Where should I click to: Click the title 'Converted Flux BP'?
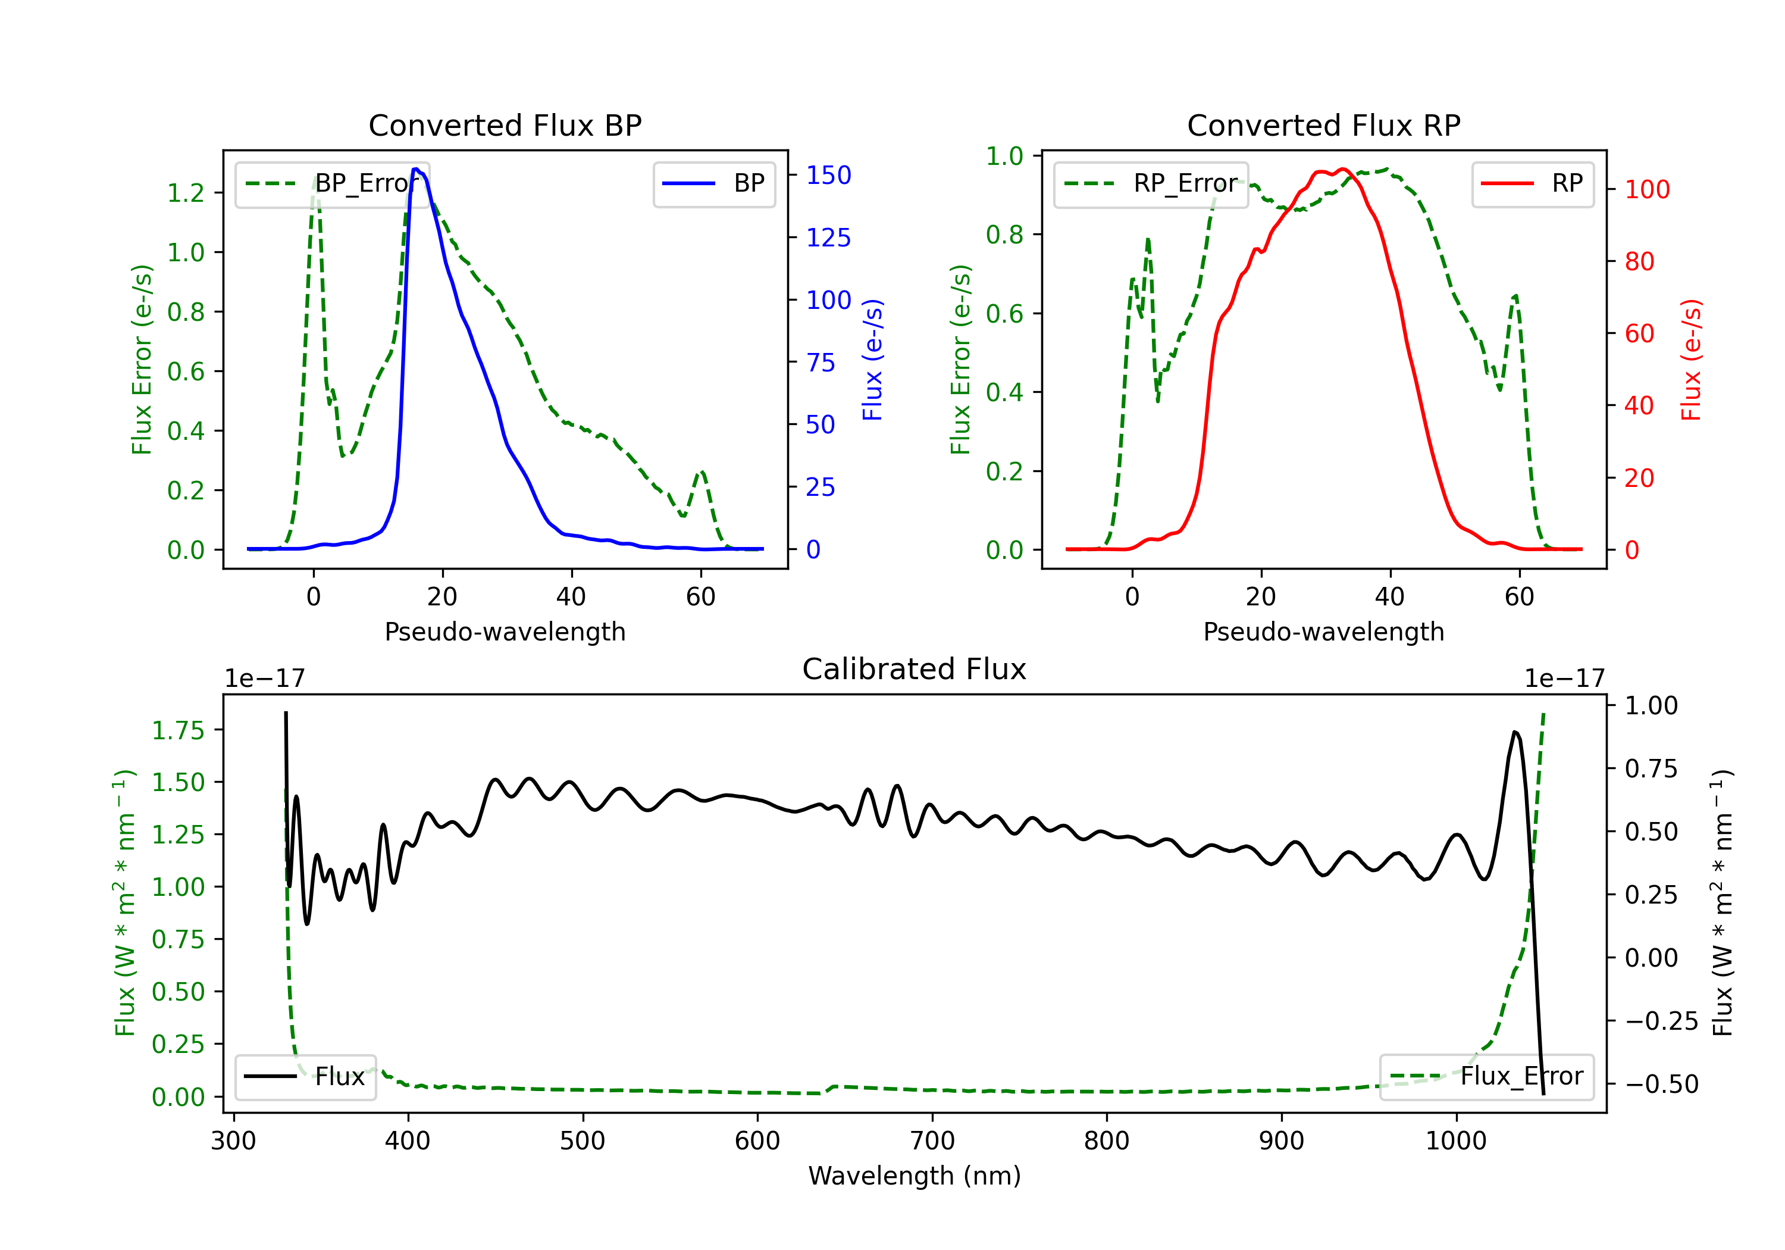pos(505,125)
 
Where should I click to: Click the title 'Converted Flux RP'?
pos(1323,125)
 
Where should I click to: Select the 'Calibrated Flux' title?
pos(915,669)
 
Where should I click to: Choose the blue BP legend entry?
pos(713,183)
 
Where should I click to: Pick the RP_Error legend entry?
pos(1151,183)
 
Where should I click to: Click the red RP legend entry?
pos(1532,183)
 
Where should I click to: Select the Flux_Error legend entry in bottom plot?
pos(1486,1077)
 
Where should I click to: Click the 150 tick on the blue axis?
pos(829,175)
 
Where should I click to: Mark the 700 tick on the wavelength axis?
pos(932,1141)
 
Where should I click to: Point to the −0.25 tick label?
pos(1661,1020)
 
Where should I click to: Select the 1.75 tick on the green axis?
pos(178,730)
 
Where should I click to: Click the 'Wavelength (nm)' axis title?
pos(915,1176)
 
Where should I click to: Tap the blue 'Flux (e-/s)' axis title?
pos(873,360)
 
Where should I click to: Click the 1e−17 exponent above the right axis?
pos(1564,679)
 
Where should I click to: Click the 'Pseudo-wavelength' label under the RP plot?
pos(1323,632)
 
